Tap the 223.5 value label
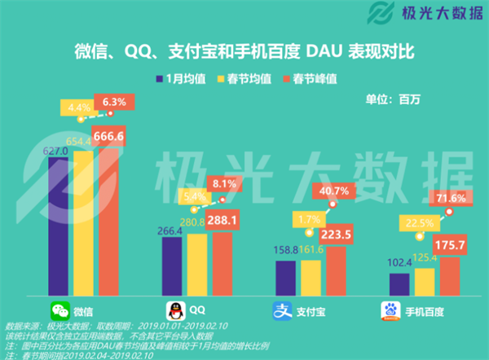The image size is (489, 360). pos(333,235)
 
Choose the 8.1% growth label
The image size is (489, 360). pos(222,185)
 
